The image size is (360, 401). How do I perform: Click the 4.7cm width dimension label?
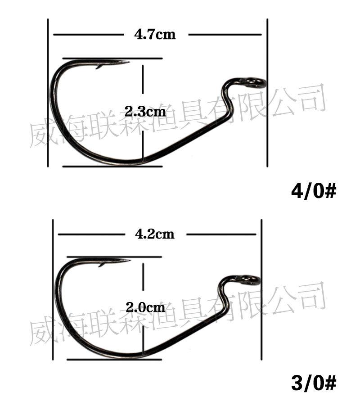click(x=155, y=35)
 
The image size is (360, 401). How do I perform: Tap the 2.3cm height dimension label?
click(x=145, y=112)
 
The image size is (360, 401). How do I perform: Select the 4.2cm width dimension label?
click(x=155, y=234)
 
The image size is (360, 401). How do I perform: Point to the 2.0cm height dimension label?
click(x=145, y=307)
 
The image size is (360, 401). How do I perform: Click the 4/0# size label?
click(x=313, y=191)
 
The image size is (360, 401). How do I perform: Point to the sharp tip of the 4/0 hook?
click(x=129, y=62)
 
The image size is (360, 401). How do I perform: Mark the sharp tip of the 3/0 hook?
click(x=130, y=261)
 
